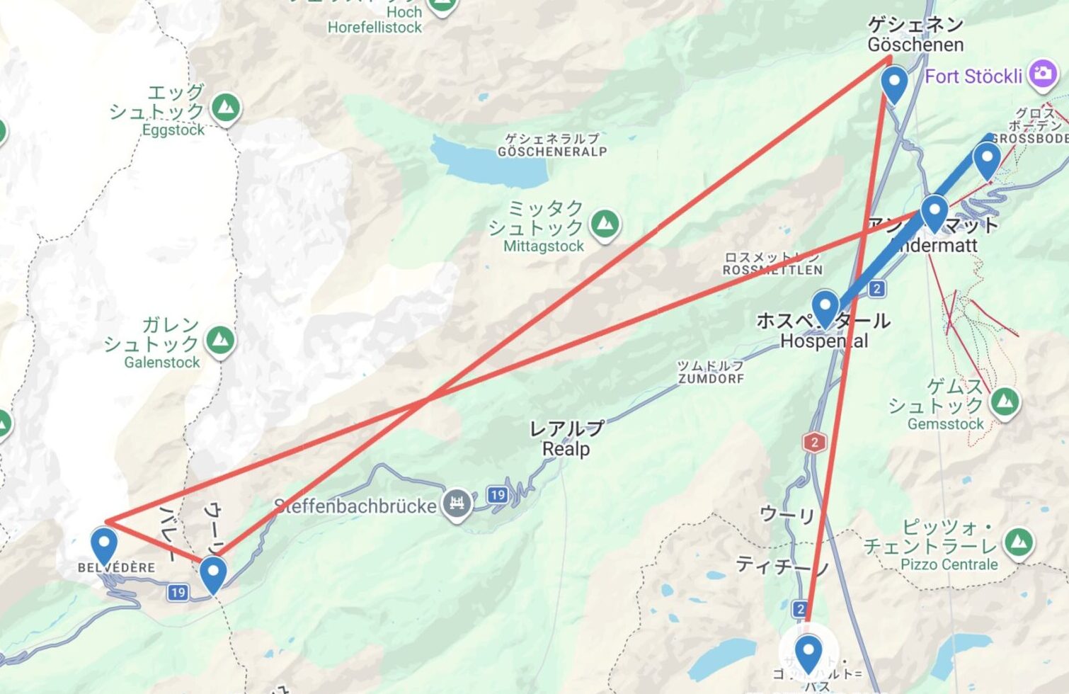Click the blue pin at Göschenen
click(895, 84)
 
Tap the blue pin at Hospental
click(825, 307)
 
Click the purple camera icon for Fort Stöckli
click(1042, 74)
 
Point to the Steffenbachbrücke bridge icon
click(457, 504)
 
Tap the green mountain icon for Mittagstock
click(605, 224)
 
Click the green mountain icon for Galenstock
click(220, 341)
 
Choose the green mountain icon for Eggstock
click(226, 108)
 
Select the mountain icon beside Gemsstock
click(1005, 402)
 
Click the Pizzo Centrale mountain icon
click(1018, 542)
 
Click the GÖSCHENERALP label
click(552, 151)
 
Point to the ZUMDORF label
click(711, 378)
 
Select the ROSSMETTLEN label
click(772, 269)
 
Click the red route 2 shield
click(814, 443)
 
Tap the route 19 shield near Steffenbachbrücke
click(498, 495)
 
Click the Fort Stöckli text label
click(973, 76)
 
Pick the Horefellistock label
click(375, 28)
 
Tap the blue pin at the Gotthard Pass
click(808, 652)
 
